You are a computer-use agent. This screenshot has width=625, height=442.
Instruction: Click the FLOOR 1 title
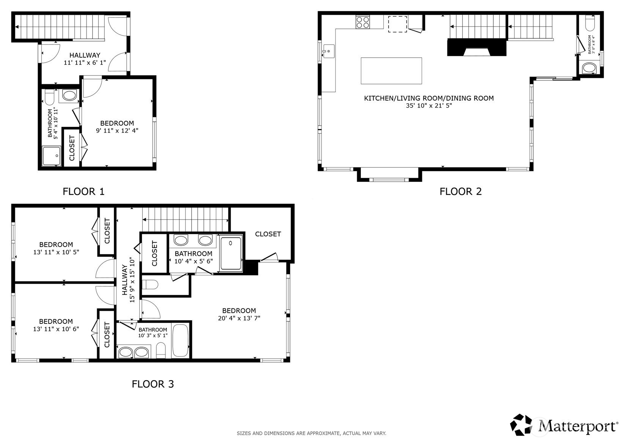pyautogui.click(x=83, y=191)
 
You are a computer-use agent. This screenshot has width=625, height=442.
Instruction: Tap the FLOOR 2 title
pyautogui.click(x=461, y=191)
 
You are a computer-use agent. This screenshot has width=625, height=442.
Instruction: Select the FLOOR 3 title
pyautogui.click(x=153, y=384)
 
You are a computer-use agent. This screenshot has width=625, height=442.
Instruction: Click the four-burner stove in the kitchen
pyautogui.click(x=363, y=22)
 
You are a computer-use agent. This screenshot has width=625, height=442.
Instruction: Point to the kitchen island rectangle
pyautogui.click(x=391, y=71)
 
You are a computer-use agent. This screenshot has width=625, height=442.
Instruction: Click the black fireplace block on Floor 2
pyautogui.click(x=477, y=47)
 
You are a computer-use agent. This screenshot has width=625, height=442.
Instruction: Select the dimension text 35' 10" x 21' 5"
pyautogui.click(x=429, y=106)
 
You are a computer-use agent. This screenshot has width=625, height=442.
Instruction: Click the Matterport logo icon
pyautogui.click(x=521, y=425)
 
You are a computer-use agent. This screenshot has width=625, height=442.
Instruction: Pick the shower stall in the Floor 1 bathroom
pyautogui.click(x=51, y=156)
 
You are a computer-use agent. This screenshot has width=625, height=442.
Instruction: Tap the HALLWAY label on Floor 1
pyautogui.click(x=85, y=55)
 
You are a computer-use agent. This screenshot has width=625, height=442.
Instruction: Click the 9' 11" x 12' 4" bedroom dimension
pyautogui.click(x=117, y=130)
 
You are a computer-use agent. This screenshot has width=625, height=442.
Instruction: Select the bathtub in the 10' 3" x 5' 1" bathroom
pyautogui.click(x=180, y=340)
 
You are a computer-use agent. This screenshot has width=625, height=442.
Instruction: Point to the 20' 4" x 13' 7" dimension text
pyautogui.click(x=239, y=318)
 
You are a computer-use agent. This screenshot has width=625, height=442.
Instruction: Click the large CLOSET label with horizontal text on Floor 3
pyautogui.click(x=268, y=234)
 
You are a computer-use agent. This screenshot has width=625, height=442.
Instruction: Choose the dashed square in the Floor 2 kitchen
pyautogui.click(x=397, y=24)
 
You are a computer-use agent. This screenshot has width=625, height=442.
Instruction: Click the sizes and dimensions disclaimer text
pyautogui.click(x=312, y=433)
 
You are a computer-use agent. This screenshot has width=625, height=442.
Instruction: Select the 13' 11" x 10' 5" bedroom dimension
pyautogui.click(x=56, y=252)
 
